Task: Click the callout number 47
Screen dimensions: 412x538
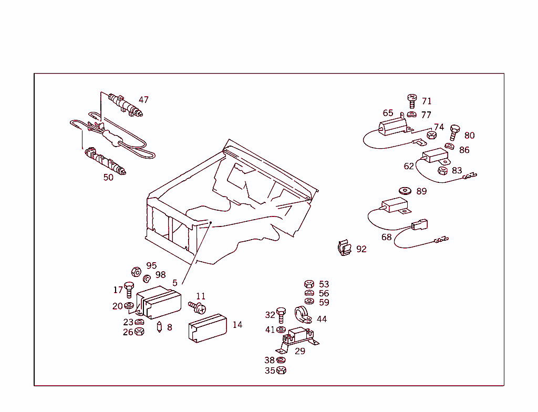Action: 143,100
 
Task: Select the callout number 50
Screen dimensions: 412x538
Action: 108,178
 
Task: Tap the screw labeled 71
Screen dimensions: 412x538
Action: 412,100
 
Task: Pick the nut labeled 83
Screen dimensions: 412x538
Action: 442,170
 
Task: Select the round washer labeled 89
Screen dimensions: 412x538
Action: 405,191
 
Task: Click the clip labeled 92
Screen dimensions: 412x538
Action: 344,248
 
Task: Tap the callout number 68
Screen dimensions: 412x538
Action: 387,237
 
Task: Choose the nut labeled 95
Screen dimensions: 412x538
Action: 135,271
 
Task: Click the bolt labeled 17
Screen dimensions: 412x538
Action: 129,290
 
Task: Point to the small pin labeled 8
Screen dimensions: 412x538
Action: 160,327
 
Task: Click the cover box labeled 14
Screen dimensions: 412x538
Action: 207,329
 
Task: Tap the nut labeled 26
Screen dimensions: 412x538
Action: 139,332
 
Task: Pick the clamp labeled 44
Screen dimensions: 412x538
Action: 303,315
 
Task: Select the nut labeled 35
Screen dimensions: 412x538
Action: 281,370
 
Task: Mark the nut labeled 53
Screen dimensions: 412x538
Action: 309,284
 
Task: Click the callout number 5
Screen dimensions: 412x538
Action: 175,283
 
